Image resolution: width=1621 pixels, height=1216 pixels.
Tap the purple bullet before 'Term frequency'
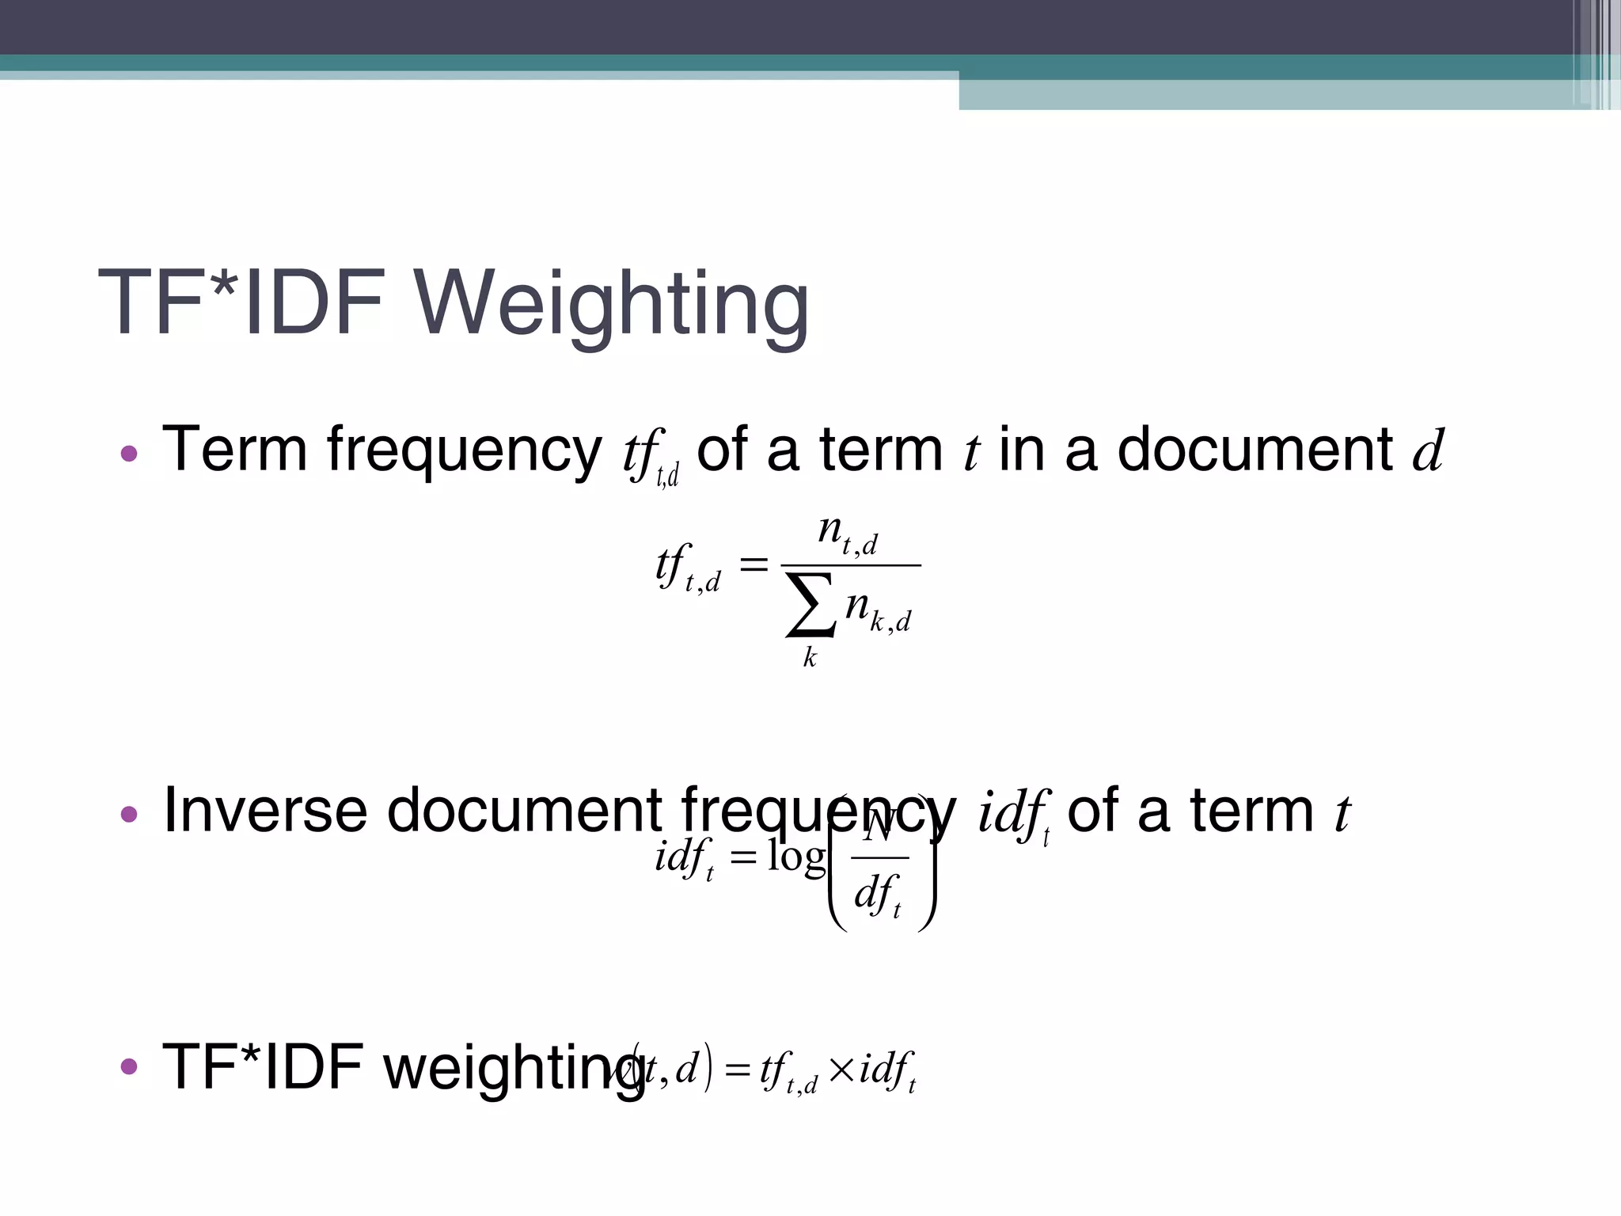pos(129,454)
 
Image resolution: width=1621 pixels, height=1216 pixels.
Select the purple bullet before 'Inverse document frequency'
pos(129,814)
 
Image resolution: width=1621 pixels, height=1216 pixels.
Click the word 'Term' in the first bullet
pos(234,449)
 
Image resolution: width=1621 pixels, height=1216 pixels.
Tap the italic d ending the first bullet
pos(1429,450)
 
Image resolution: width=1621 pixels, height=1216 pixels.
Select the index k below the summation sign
pos(810,657)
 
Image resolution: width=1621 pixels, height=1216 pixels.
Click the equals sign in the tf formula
pos(753,564)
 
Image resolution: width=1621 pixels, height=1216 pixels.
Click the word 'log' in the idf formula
pos(796,857)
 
